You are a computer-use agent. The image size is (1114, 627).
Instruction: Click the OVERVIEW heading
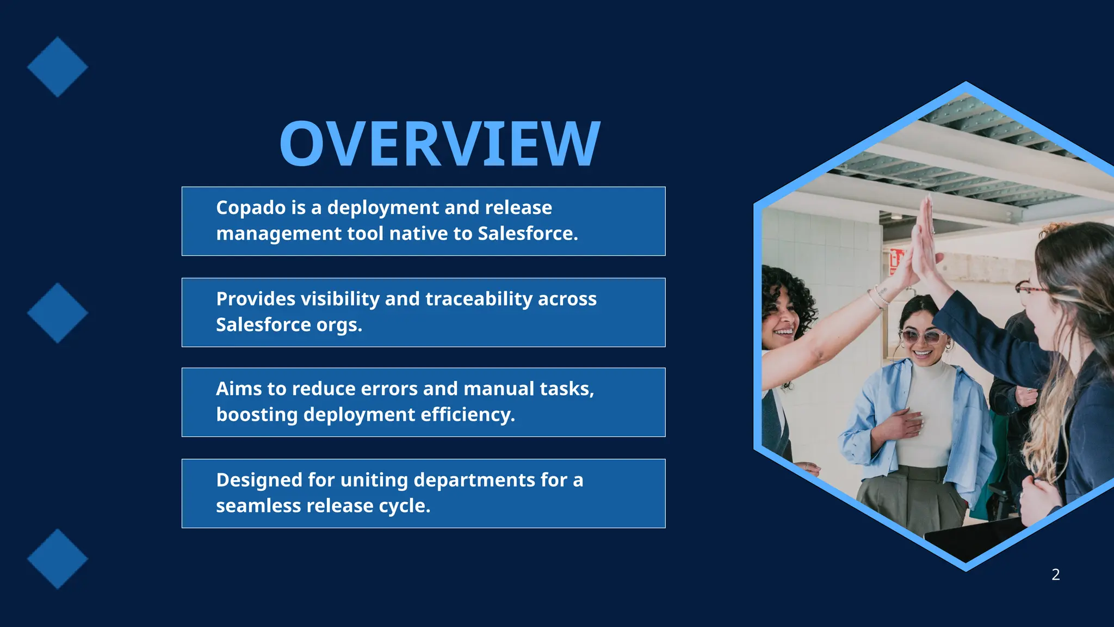pos(440,144)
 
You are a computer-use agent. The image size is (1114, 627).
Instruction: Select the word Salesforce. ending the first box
pos(528,233)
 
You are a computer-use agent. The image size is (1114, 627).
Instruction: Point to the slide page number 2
pos(1055,575)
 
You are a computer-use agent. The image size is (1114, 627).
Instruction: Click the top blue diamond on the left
pos(58,67)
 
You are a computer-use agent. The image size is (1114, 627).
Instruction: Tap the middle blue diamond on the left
pos(58,313)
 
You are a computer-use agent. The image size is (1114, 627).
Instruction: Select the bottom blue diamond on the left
pos(58,559)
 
